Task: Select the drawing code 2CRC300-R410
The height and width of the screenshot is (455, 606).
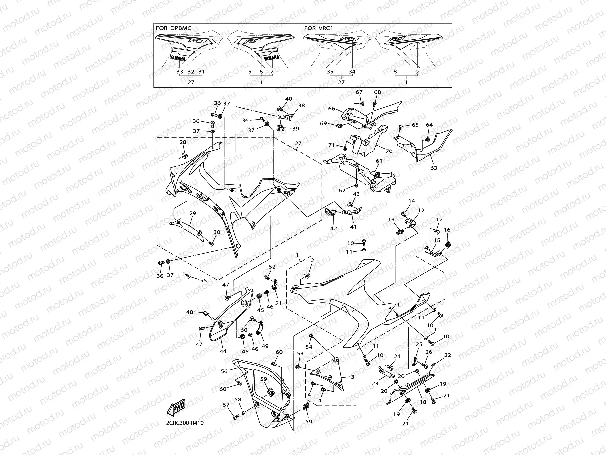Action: pos(185,423)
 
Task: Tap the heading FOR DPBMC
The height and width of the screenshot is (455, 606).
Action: pos(173,28)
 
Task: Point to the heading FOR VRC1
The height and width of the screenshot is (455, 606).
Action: pos(318,28)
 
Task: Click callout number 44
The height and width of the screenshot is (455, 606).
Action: pos(223,351)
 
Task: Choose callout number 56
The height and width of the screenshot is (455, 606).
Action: pos(224,371)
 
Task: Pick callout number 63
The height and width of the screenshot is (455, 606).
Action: pos(434,168)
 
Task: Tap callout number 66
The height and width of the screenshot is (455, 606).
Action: pos(332,109)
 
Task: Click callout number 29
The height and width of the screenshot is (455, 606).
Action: pos(193,213)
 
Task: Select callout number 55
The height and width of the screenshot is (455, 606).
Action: pos(203,281)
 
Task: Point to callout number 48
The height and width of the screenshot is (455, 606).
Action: pos(190,312)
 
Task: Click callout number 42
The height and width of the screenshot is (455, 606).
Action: pos(334,228)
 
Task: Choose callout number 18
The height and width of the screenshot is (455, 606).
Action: pos(423,402)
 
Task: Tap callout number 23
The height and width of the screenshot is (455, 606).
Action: pos(374,384)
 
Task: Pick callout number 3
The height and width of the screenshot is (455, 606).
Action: pos(353,377)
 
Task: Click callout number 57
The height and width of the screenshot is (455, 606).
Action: pos(226,405)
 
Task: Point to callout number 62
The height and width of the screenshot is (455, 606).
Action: pos(342,190)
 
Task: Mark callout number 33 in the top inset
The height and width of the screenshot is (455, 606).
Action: pos(180,72)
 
